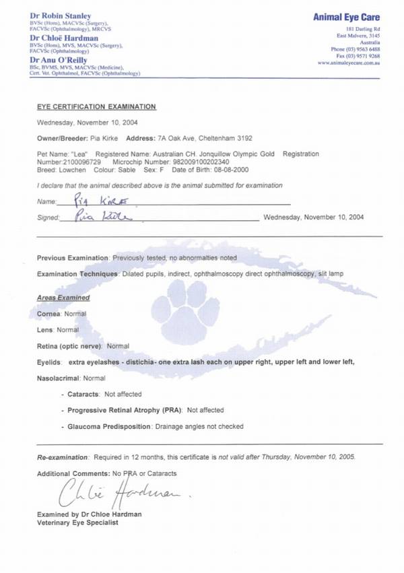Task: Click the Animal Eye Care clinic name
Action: (x=347, y=17)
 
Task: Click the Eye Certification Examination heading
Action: (x=96, y=106)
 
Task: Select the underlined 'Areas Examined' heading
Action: (x=63, y=298)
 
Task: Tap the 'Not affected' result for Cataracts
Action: (x=123, y=394)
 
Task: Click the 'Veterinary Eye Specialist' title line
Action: (x=77, y=523)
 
